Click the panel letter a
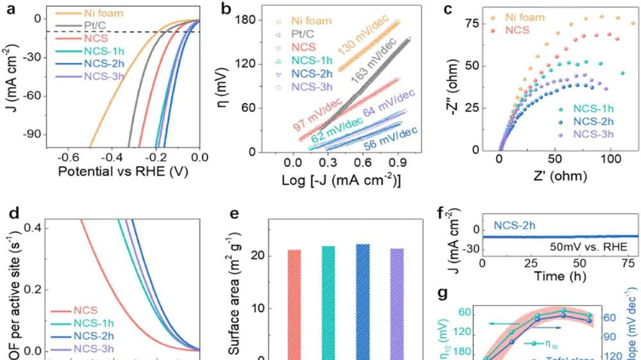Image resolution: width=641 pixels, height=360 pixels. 8,8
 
